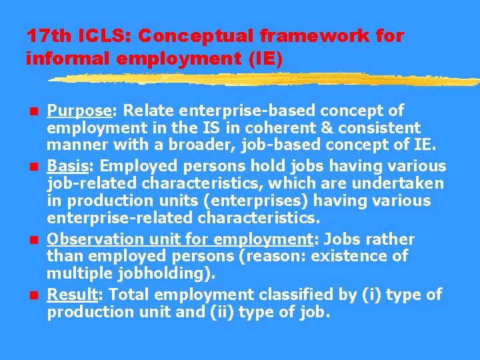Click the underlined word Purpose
(x=72, y=111)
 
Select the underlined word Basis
(x=65, y=166)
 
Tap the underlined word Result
(x=68, y=295)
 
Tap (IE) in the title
(x=265, y=59)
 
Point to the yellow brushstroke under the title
(x=267, y=79)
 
